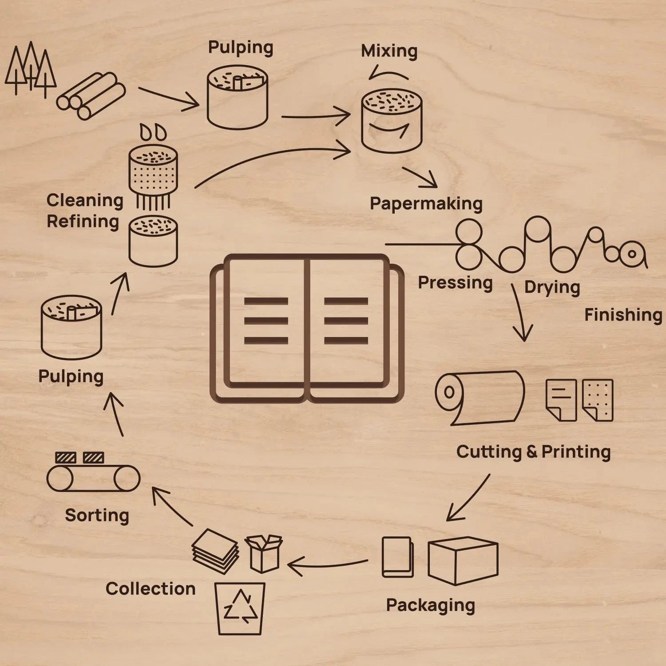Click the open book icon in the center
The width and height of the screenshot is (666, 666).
coord(307,329)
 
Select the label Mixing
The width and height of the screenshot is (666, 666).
coord(389,51)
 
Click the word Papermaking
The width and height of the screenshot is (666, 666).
coord(426,204)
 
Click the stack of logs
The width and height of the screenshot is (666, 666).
coord(91,95)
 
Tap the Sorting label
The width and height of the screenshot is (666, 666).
coord(97,515)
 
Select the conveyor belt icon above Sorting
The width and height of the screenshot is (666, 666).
coord(93,477)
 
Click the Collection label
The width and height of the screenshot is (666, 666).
coord(151,589)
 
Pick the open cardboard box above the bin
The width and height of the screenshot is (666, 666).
coord(264,553)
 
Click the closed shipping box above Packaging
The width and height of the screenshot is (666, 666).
coord(463,560)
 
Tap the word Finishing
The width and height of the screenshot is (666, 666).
coord(623,315)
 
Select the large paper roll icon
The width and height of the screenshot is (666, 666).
coord(480,397)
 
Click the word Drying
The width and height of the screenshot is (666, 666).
coord(552,287)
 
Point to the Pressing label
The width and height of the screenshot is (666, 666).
coord(455,283)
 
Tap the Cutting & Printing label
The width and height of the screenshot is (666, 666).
coord(533,452)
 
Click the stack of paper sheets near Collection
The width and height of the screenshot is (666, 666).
coord(215,551)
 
